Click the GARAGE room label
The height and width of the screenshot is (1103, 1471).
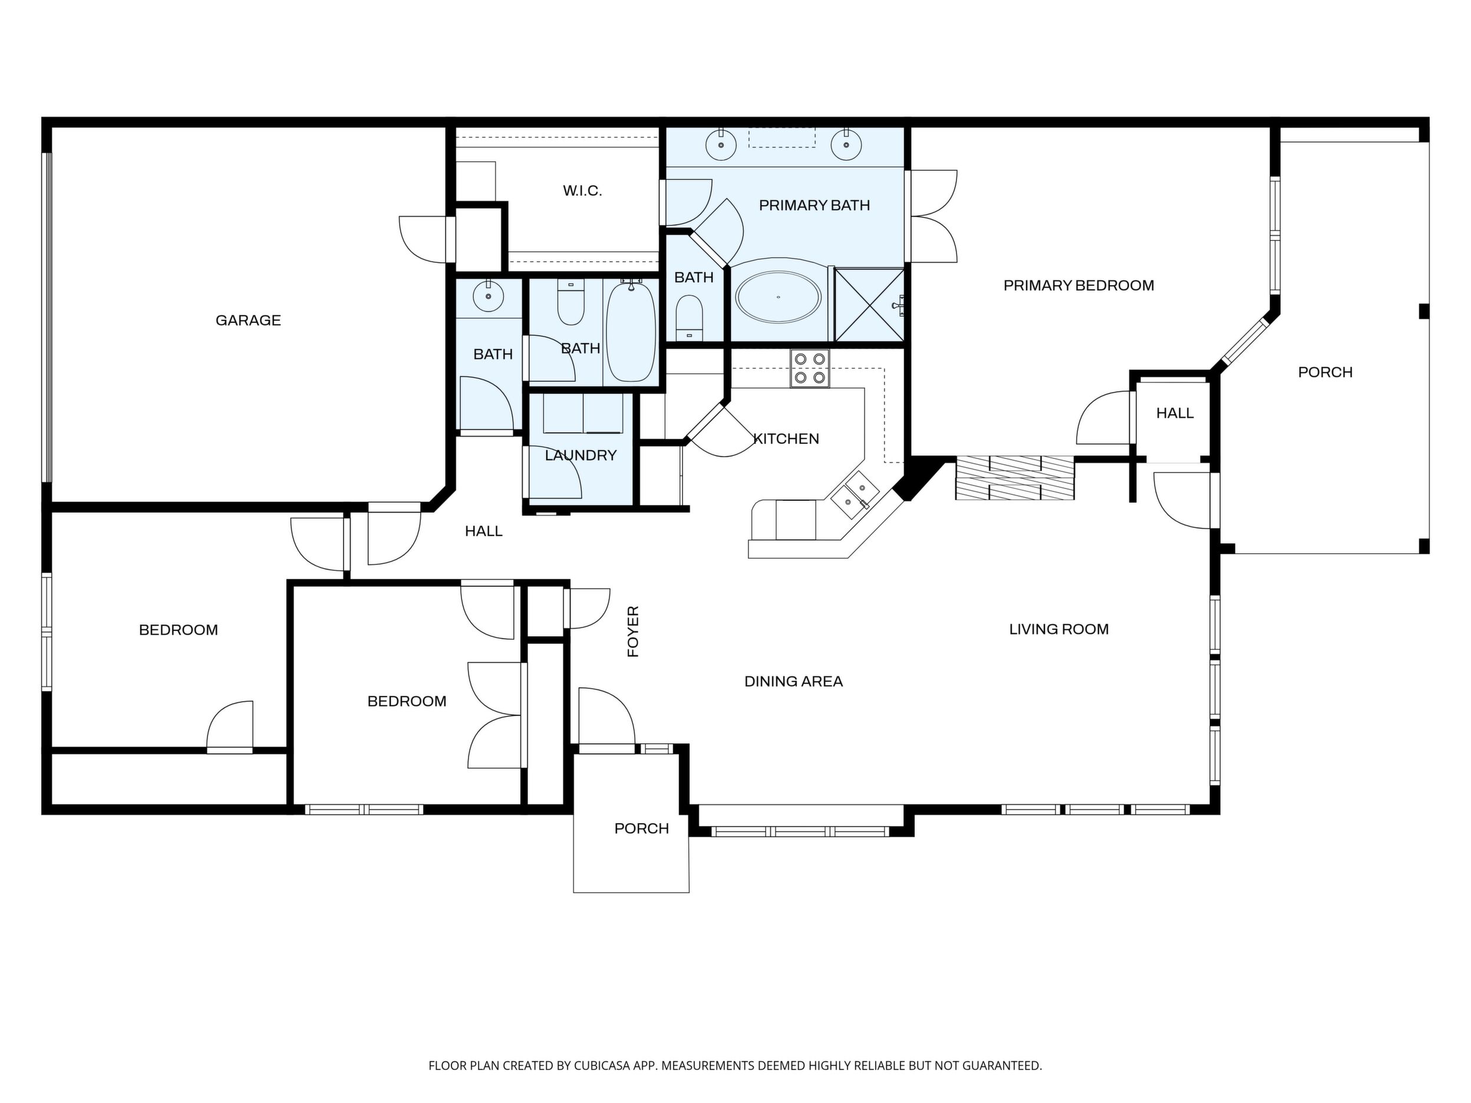[x=248, y=321]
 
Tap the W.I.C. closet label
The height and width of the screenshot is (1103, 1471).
[x=582, y=191]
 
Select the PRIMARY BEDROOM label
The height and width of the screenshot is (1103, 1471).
[x=1078, y=285]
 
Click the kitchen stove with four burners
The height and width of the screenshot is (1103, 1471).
[x=810, y=368]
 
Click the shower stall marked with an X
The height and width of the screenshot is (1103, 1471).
[x=869, y=305]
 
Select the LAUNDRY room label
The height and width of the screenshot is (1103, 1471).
[x=581, y=455]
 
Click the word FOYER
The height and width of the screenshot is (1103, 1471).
[x=633, y=632]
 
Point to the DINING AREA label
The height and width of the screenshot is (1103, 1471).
[x=793, y=682]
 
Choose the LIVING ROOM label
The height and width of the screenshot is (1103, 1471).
[x=1058, y=629]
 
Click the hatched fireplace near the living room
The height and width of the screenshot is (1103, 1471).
[x=1015, y=478]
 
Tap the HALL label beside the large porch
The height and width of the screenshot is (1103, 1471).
[x=1175, y=413]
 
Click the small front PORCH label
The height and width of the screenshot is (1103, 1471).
[x=642, y=828]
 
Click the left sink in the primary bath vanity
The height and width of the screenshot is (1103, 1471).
[x=720, y=145]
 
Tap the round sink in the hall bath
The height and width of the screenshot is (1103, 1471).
[x=489, y=296]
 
